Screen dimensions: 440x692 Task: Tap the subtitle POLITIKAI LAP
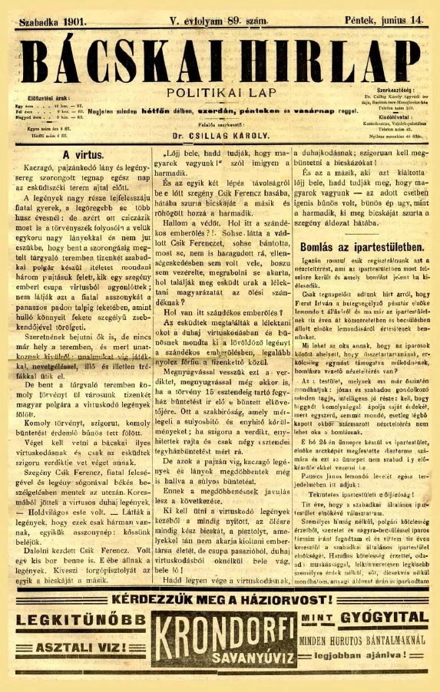220,91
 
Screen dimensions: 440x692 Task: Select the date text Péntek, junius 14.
389,15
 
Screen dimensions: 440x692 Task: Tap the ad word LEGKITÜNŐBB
78,619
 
